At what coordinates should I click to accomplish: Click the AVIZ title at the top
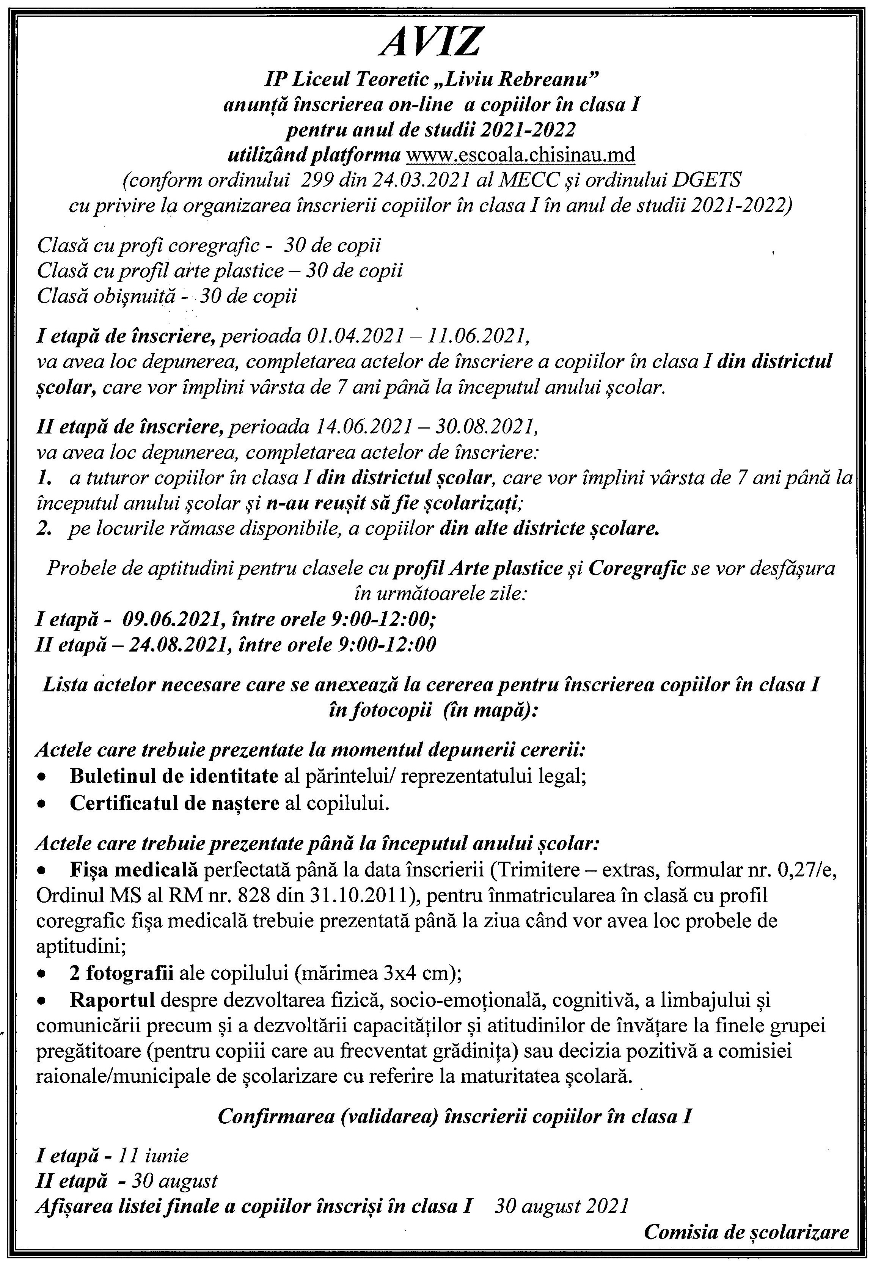[x=431, y=42]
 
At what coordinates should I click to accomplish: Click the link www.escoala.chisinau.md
[x=521, y=155]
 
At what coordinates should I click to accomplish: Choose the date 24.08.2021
[x=173, y=645]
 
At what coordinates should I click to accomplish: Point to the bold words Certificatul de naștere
[x=174, y=804]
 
